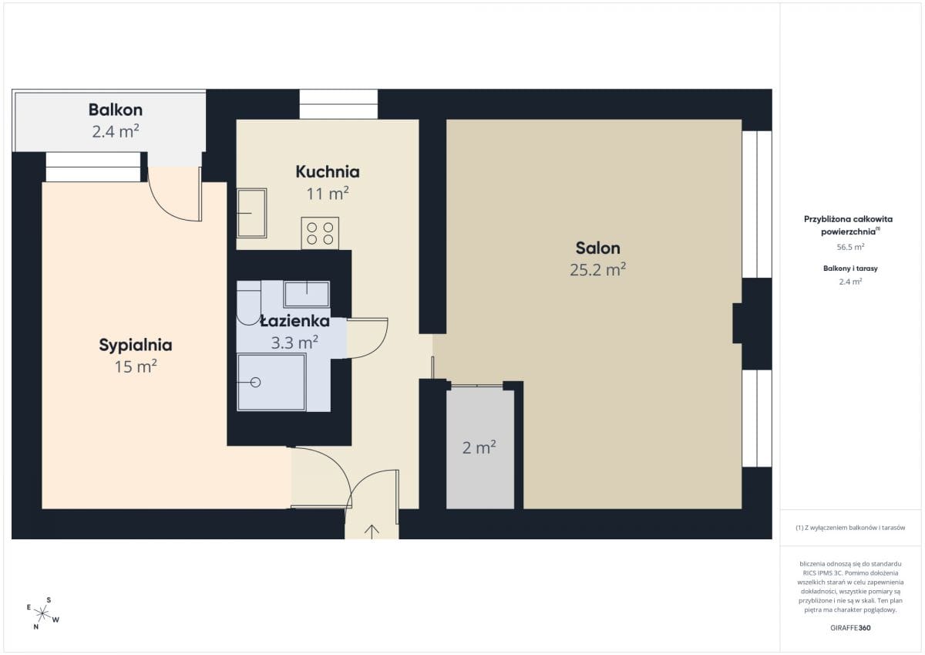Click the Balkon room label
coord(116,110)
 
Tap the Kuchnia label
coord(328,171)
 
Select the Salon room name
coord(597,248)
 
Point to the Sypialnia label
coord(136,346)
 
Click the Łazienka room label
coord(294,321)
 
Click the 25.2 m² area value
coord(597,269)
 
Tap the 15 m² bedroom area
coord(136,366)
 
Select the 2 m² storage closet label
coord(479,447)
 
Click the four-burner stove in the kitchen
coord(320,234)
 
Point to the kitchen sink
coord(251,213)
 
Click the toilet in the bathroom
coord(248,303)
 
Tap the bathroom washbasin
coord(307,294)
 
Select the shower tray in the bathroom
coord(271,382)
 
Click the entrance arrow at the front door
coord(372,532)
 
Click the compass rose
coord(42,613)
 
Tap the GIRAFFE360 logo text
coord(850,628)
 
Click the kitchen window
coord(338,104)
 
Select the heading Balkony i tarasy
coord(850,268)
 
